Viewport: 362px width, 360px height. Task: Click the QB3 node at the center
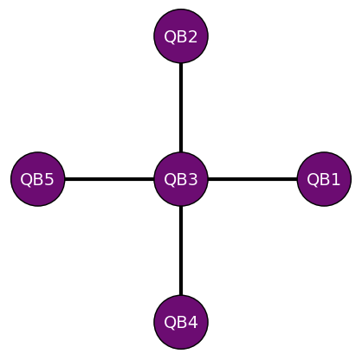point(181,180)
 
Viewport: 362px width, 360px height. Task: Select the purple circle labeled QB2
point(181,36)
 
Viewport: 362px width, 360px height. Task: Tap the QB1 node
point(324,180)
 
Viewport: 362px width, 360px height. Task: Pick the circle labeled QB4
point(181,323)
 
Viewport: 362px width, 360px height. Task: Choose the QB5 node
point(38,180)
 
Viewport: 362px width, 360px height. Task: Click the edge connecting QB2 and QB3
point(181,108)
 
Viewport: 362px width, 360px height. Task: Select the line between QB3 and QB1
point(252,180)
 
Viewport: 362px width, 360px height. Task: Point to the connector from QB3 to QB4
point(181,251)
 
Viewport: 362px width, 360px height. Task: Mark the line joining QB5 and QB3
point(109,180)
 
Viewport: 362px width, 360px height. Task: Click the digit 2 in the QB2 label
point(192,36)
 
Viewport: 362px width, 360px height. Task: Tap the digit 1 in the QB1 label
point(335,180)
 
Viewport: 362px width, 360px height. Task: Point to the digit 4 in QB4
point(192,323)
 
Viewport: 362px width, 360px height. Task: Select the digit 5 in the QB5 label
point(49,180)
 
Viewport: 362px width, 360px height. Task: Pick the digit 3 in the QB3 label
point(192,180)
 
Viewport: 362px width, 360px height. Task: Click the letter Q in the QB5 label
point(27,180)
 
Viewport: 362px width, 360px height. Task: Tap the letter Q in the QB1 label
point(313,180)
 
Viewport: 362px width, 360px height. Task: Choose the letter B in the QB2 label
point(181,36)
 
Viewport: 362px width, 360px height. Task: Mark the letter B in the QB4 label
point(181,323)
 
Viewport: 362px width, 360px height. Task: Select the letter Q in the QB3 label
point(170,180)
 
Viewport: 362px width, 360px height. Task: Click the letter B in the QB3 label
point(181,180)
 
